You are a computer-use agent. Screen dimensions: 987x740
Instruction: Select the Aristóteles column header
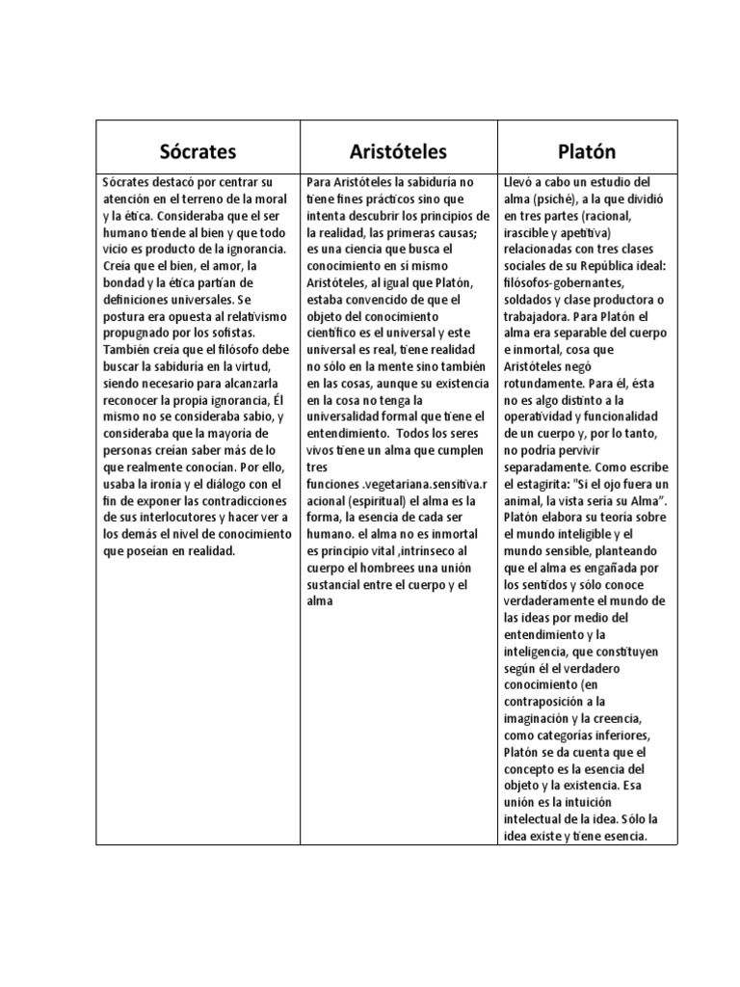398,151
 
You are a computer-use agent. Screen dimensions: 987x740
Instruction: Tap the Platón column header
586,151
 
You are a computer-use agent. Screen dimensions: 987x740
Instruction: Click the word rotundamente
545,384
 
